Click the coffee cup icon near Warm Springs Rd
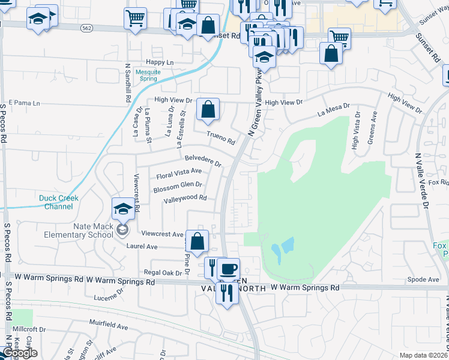click(228, 268)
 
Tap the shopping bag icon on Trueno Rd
click(208, 110)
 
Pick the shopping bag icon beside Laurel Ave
click(197, 242)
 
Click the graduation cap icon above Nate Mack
click(122, 209)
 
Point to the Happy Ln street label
click(160, 62)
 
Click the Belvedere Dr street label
click(203, 161)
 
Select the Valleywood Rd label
click(185, 198)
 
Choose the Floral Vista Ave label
click(179, 174)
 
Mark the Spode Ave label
click(423, 280)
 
